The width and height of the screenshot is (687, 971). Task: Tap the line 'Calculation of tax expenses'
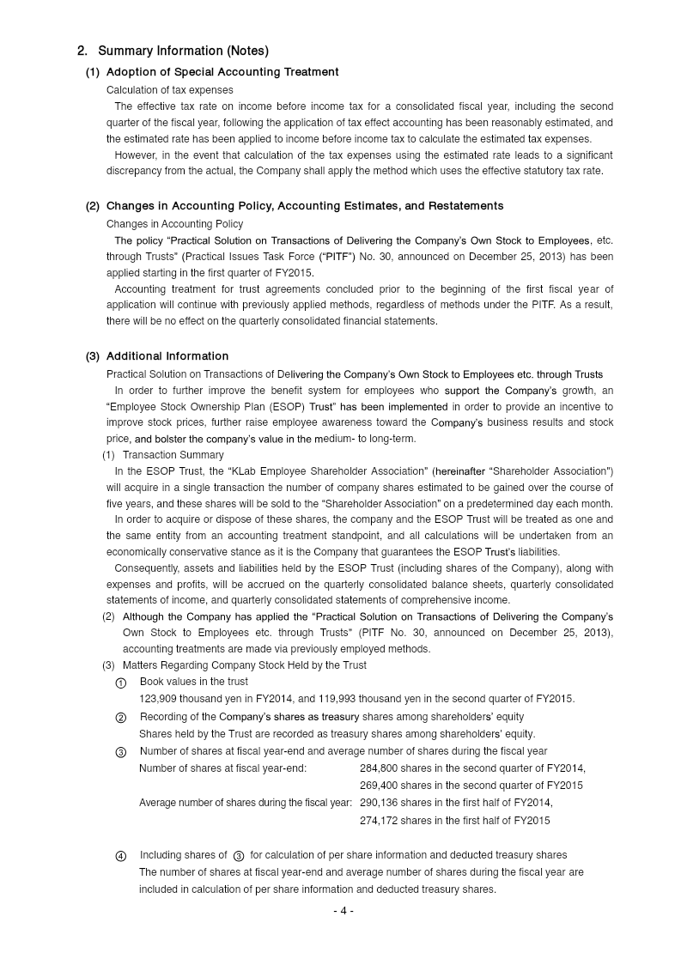tap(170, 90)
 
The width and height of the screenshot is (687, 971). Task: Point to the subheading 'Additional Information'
tap(167, 356)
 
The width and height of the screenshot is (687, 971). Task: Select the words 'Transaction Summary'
tap(173, 455)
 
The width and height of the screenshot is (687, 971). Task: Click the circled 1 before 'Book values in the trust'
tap(121, 683)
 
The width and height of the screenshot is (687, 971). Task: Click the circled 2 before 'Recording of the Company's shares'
tap(121, 717)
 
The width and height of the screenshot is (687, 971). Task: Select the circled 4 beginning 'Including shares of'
tap(121, 856)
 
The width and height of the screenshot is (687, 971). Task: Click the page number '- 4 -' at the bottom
tap(343, 911)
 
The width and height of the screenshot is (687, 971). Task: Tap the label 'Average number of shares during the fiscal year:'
tap(246, 803)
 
